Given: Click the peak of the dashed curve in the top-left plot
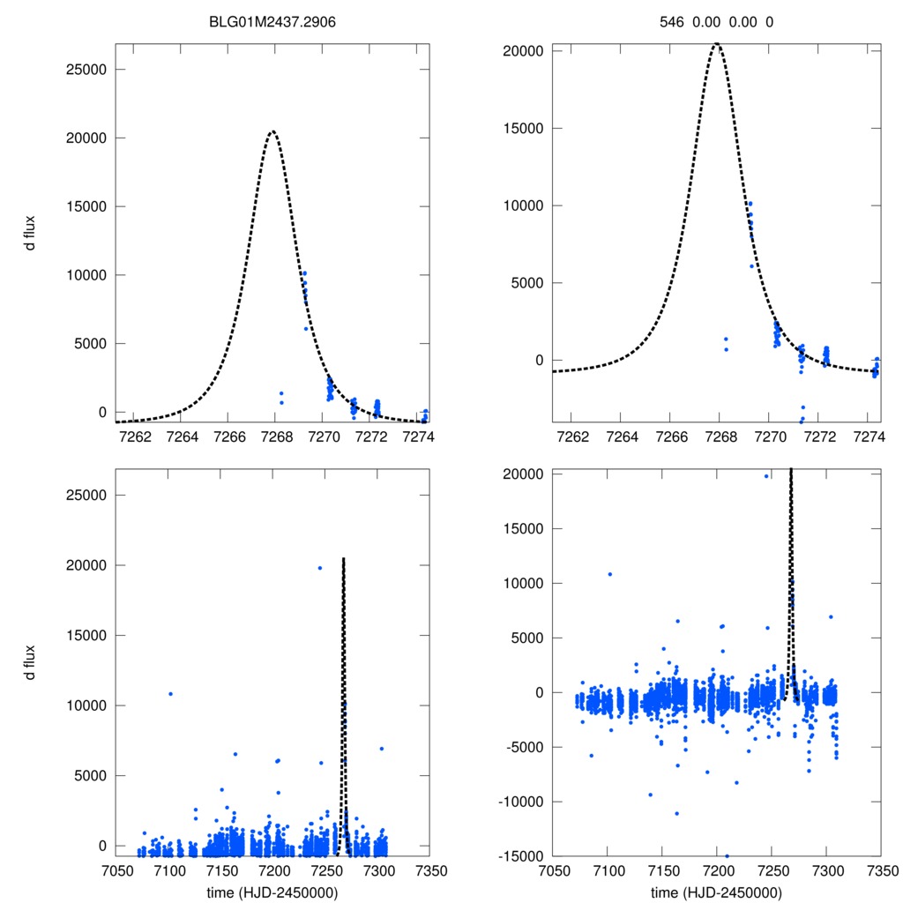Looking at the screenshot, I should point(272,131).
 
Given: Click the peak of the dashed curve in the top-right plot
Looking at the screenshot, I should point(718,44).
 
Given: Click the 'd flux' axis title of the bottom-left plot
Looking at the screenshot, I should point(30,662).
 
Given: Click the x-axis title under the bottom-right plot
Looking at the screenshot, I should point(716,892).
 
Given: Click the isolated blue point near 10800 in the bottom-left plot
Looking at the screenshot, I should point(170,693).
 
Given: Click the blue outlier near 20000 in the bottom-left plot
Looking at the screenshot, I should point(319,568).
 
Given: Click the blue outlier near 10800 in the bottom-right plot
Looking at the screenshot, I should point(609,574).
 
